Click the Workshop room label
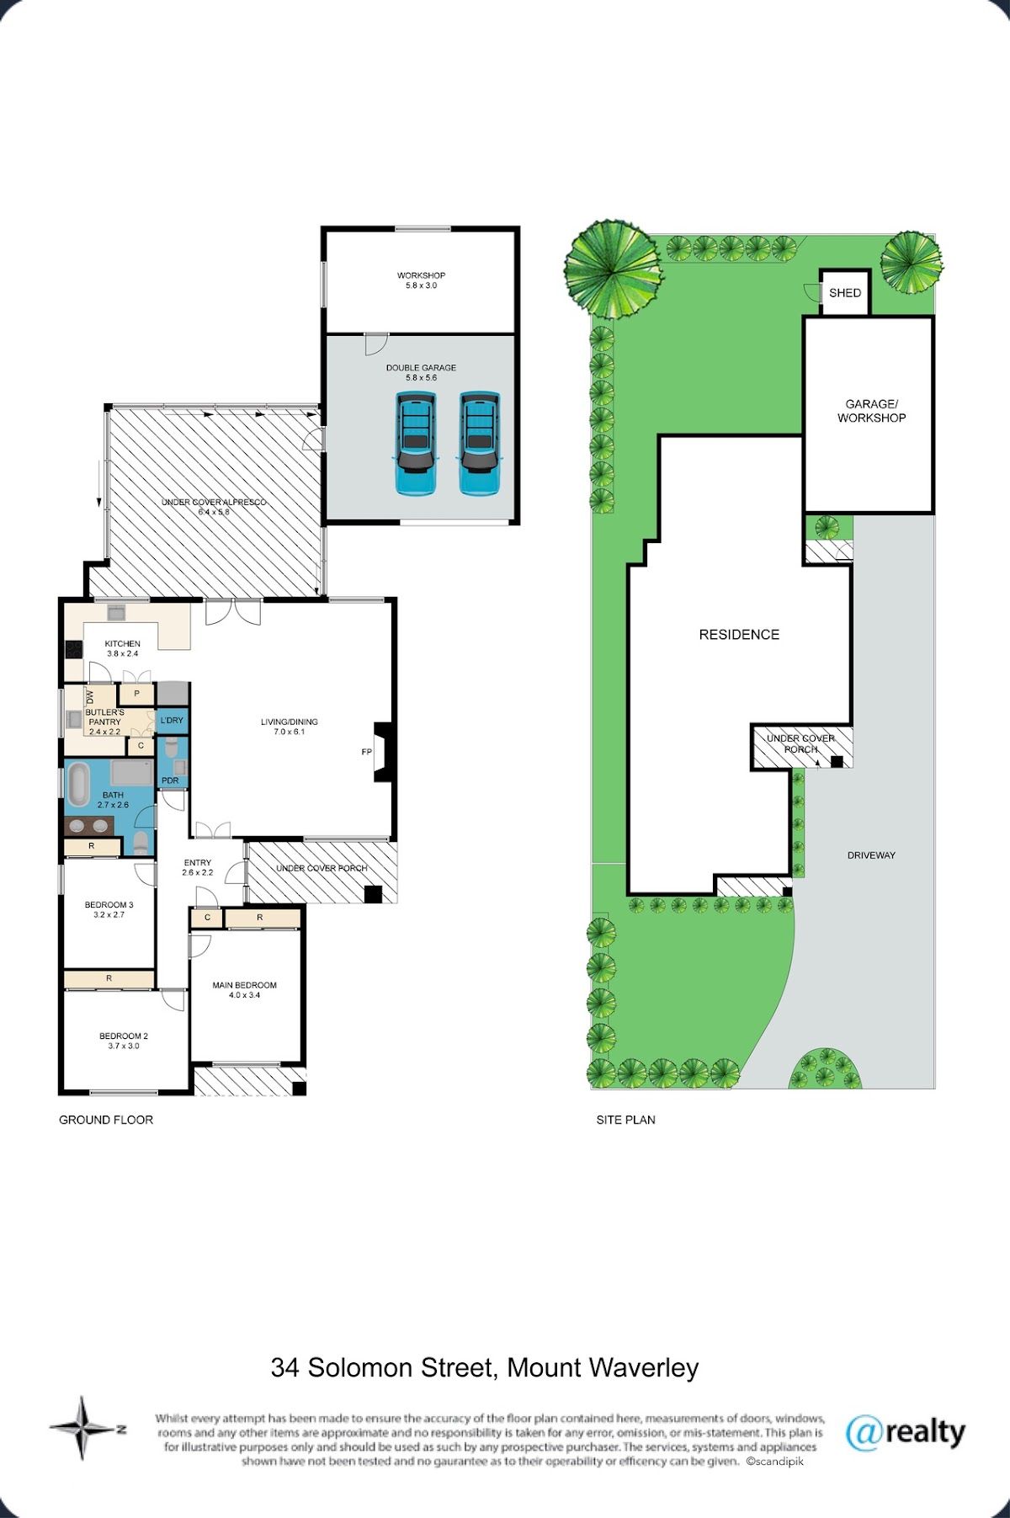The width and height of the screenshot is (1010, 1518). click(x=421, y=275)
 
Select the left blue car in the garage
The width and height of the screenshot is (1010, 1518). click(x=416, y=443)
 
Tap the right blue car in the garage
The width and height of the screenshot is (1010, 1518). click(x=479, y=443)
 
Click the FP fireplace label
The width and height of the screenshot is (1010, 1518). click(x=367, y=752)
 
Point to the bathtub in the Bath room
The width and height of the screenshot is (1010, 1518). click(x=78, y=786)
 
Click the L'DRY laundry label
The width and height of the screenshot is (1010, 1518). click(x=172, y=721)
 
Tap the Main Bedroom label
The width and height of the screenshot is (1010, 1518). click(x=244, y=985)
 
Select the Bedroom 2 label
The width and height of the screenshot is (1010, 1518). click(x=124, y=1036)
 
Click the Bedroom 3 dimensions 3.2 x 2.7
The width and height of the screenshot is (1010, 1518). click(x=109, y=915)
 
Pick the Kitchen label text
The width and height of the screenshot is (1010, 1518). click(x=123, y=644)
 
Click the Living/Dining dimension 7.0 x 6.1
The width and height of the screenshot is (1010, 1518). click(x=289, y=732)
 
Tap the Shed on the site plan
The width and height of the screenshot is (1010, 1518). click(x=844, y=292)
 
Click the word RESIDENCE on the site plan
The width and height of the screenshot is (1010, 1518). click(x=739, y=635)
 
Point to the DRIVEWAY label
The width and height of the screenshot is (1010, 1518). click(x=871, y=855)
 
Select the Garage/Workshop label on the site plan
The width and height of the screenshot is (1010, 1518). click(x=871, y=411)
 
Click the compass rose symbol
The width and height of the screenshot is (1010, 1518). click(x=82, y=1428)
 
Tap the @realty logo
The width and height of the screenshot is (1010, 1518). click(x=906, y=1432)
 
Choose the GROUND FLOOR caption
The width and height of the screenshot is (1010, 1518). click(x=106, y=1120)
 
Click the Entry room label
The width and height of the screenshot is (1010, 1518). click(x=198, y=863)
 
